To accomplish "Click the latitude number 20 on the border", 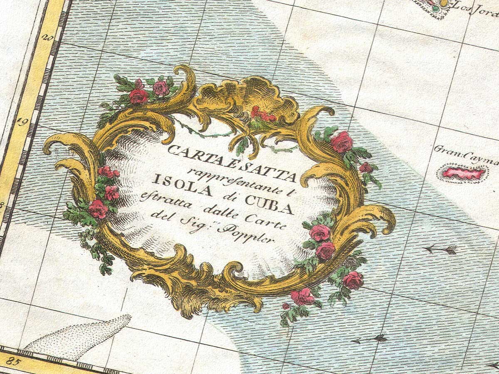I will (47, 38).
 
